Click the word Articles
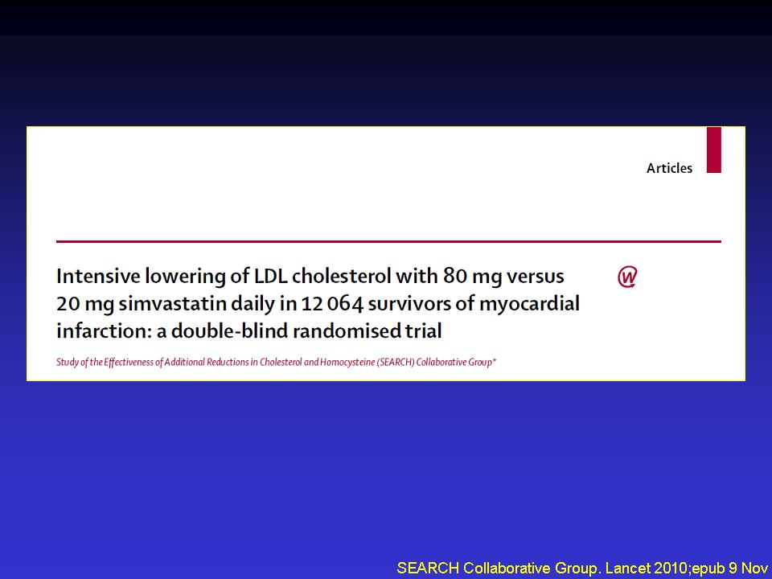[669, 168]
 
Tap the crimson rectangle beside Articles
[714, 150]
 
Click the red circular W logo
[627, 277]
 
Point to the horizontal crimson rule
[388, 241]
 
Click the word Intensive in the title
[98, 276]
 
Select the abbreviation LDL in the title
[270, 276]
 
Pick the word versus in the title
[536, 277]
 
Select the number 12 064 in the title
[332, 304]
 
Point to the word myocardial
[529, 304]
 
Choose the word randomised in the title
[346, 331]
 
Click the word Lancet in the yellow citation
[622, 568]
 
